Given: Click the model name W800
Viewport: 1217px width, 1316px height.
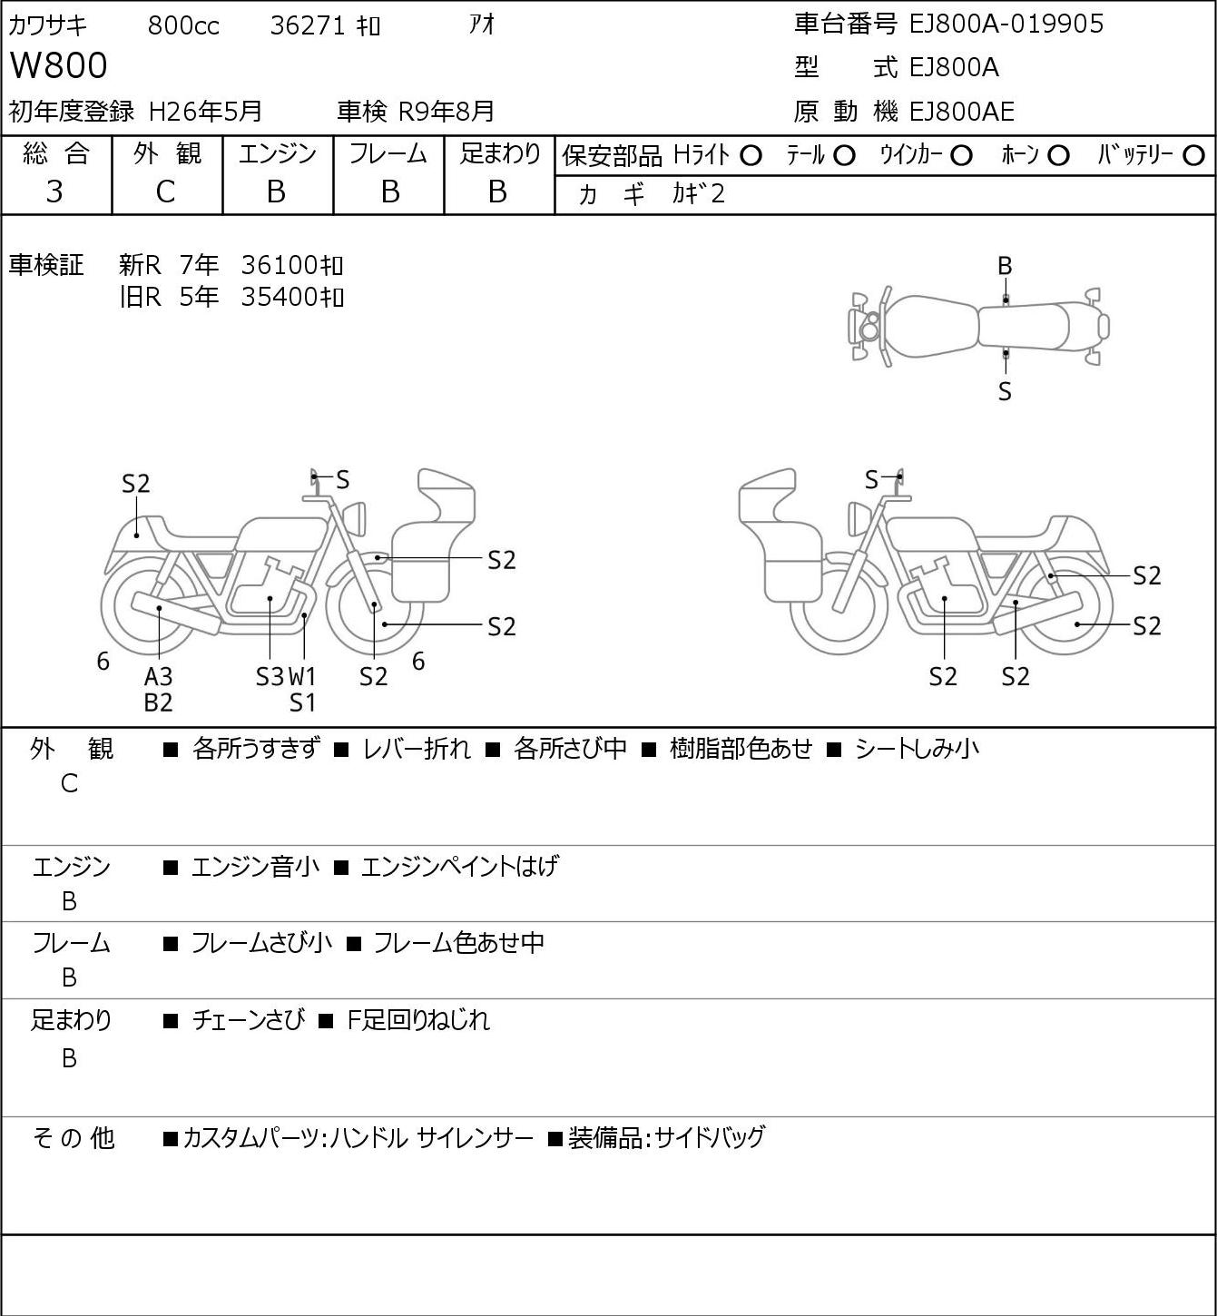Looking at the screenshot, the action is pyautogui.click(x=58, y=65).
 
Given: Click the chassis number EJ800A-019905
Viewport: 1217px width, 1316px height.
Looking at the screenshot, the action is pyautogui.click(x=1006, y=24).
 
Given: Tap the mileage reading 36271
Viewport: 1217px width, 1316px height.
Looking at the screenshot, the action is pyautogui.click(x=308, y=25).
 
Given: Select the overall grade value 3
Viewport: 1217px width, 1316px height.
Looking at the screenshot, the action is pyautogui.click(x=55, y=192).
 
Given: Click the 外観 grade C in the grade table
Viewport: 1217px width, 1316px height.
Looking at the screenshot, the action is pyautogui.click(x=165, y=192).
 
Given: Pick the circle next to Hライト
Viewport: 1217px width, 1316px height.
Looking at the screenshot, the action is pyautogui.click(x=751, y=156).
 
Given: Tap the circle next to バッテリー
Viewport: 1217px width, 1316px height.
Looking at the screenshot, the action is pyautogui.click(x=1193, y=156).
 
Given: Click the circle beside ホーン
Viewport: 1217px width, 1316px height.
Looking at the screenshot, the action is pyautogui.click(x=1058, y=156).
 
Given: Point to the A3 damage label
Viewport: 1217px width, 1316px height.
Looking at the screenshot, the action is pyautogui.click(x=158, y=676).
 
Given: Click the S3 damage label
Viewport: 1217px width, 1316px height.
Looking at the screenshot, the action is pyautogui.click(x=270, y=676).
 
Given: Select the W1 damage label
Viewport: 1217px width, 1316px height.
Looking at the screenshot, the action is pyautogui.click(x=302, y=676).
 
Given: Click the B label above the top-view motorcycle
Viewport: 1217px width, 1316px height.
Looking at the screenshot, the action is pyautogui.click(x=1005, y=267).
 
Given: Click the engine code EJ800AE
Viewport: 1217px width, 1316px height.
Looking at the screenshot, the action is pyautogui.click(x=962, y=112).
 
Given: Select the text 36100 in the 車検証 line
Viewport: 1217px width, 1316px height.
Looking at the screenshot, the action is pyautogui.click(x=279, y=265).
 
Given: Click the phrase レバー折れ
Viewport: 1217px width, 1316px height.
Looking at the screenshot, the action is pyautogui.click(x=417, y=749).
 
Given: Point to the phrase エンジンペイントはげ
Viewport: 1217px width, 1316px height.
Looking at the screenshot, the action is pyautogui.click(x=460, y=866).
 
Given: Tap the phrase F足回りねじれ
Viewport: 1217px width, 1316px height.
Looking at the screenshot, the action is pyautogui.click(x=418, y=1020).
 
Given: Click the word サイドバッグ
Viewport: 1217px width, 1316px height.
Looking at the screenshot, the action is pyautogui.click(x=710, y=1137).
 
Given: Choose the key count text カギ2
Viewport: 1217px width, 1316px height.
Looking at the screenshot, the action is pyautogui.click(x=699, y=193).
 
